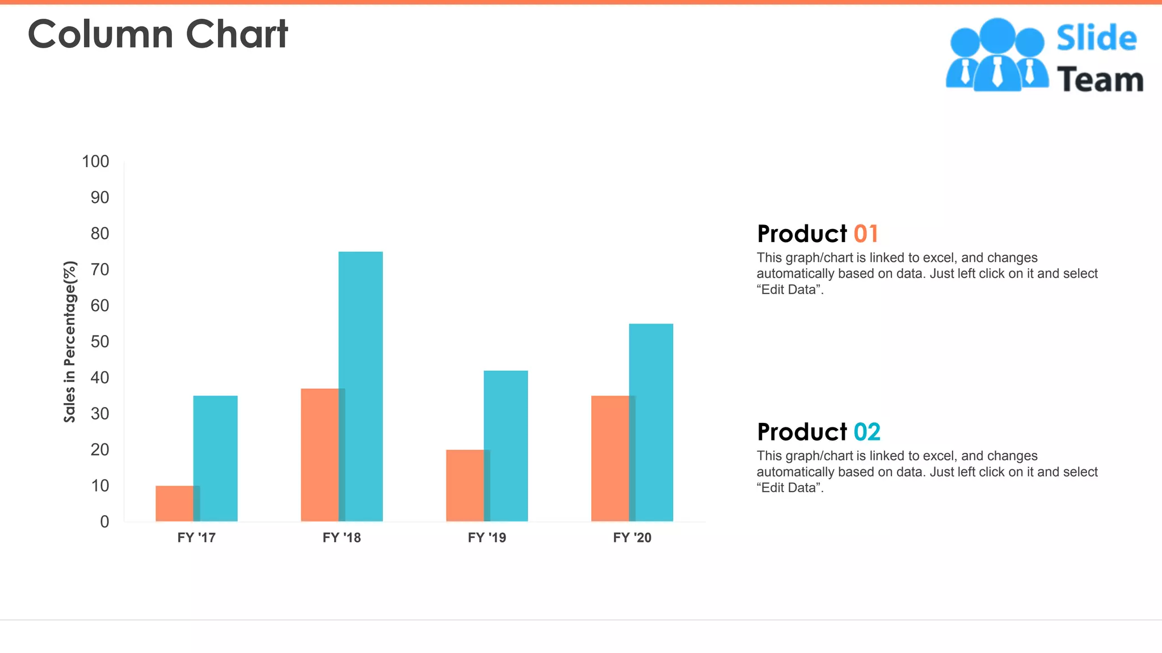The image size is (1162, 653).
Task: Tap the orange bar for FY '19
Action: [465, 485]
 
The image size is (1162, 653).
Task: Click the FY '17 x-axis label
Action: [196, 537]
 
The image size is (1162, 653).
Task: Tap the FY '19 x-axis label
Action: [487, 537]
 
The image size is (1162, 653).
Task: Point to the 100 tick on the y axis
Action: [95, 162]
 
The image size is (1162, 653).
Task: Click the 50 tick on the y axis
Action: [100, 341]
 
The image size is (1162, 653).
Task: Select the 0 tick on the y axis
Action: [104, 521]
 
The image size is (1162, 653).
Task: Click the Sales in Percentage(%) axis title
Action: [70, 342]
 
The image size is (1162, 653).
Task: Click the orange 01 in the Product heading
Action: [866, 234]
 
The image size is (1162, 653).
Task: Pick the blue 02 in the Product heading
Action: [867, 432]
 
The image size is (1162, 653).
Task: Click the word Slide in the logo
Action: [1096, 39]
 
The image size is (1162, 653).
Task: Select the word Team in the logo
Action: [1100, 79]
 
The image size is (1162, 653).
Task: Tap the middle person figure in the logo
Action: [997, 54]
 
